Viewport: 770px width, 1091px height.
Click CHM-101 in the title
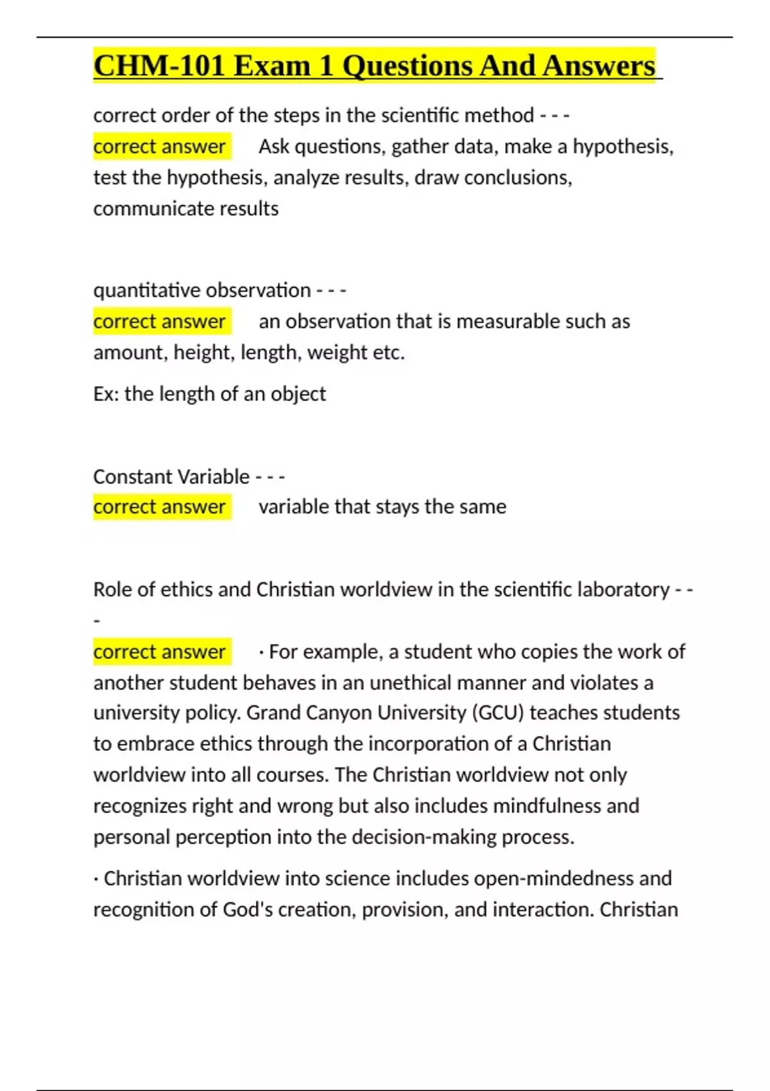point(158,65)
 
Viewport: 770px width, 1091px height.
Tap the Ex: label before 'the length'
point(106,393)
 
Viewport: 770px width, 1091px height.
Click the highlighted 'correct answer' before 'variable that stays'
point(160,506)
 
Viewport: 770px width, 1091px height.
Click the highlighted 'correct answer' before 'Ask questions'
point(160,146)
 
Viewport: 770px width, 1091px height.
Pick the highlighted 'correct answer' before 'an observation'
point(160,321)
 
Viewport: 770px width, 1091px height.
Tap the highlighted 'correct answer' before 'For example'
point(160,651)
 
